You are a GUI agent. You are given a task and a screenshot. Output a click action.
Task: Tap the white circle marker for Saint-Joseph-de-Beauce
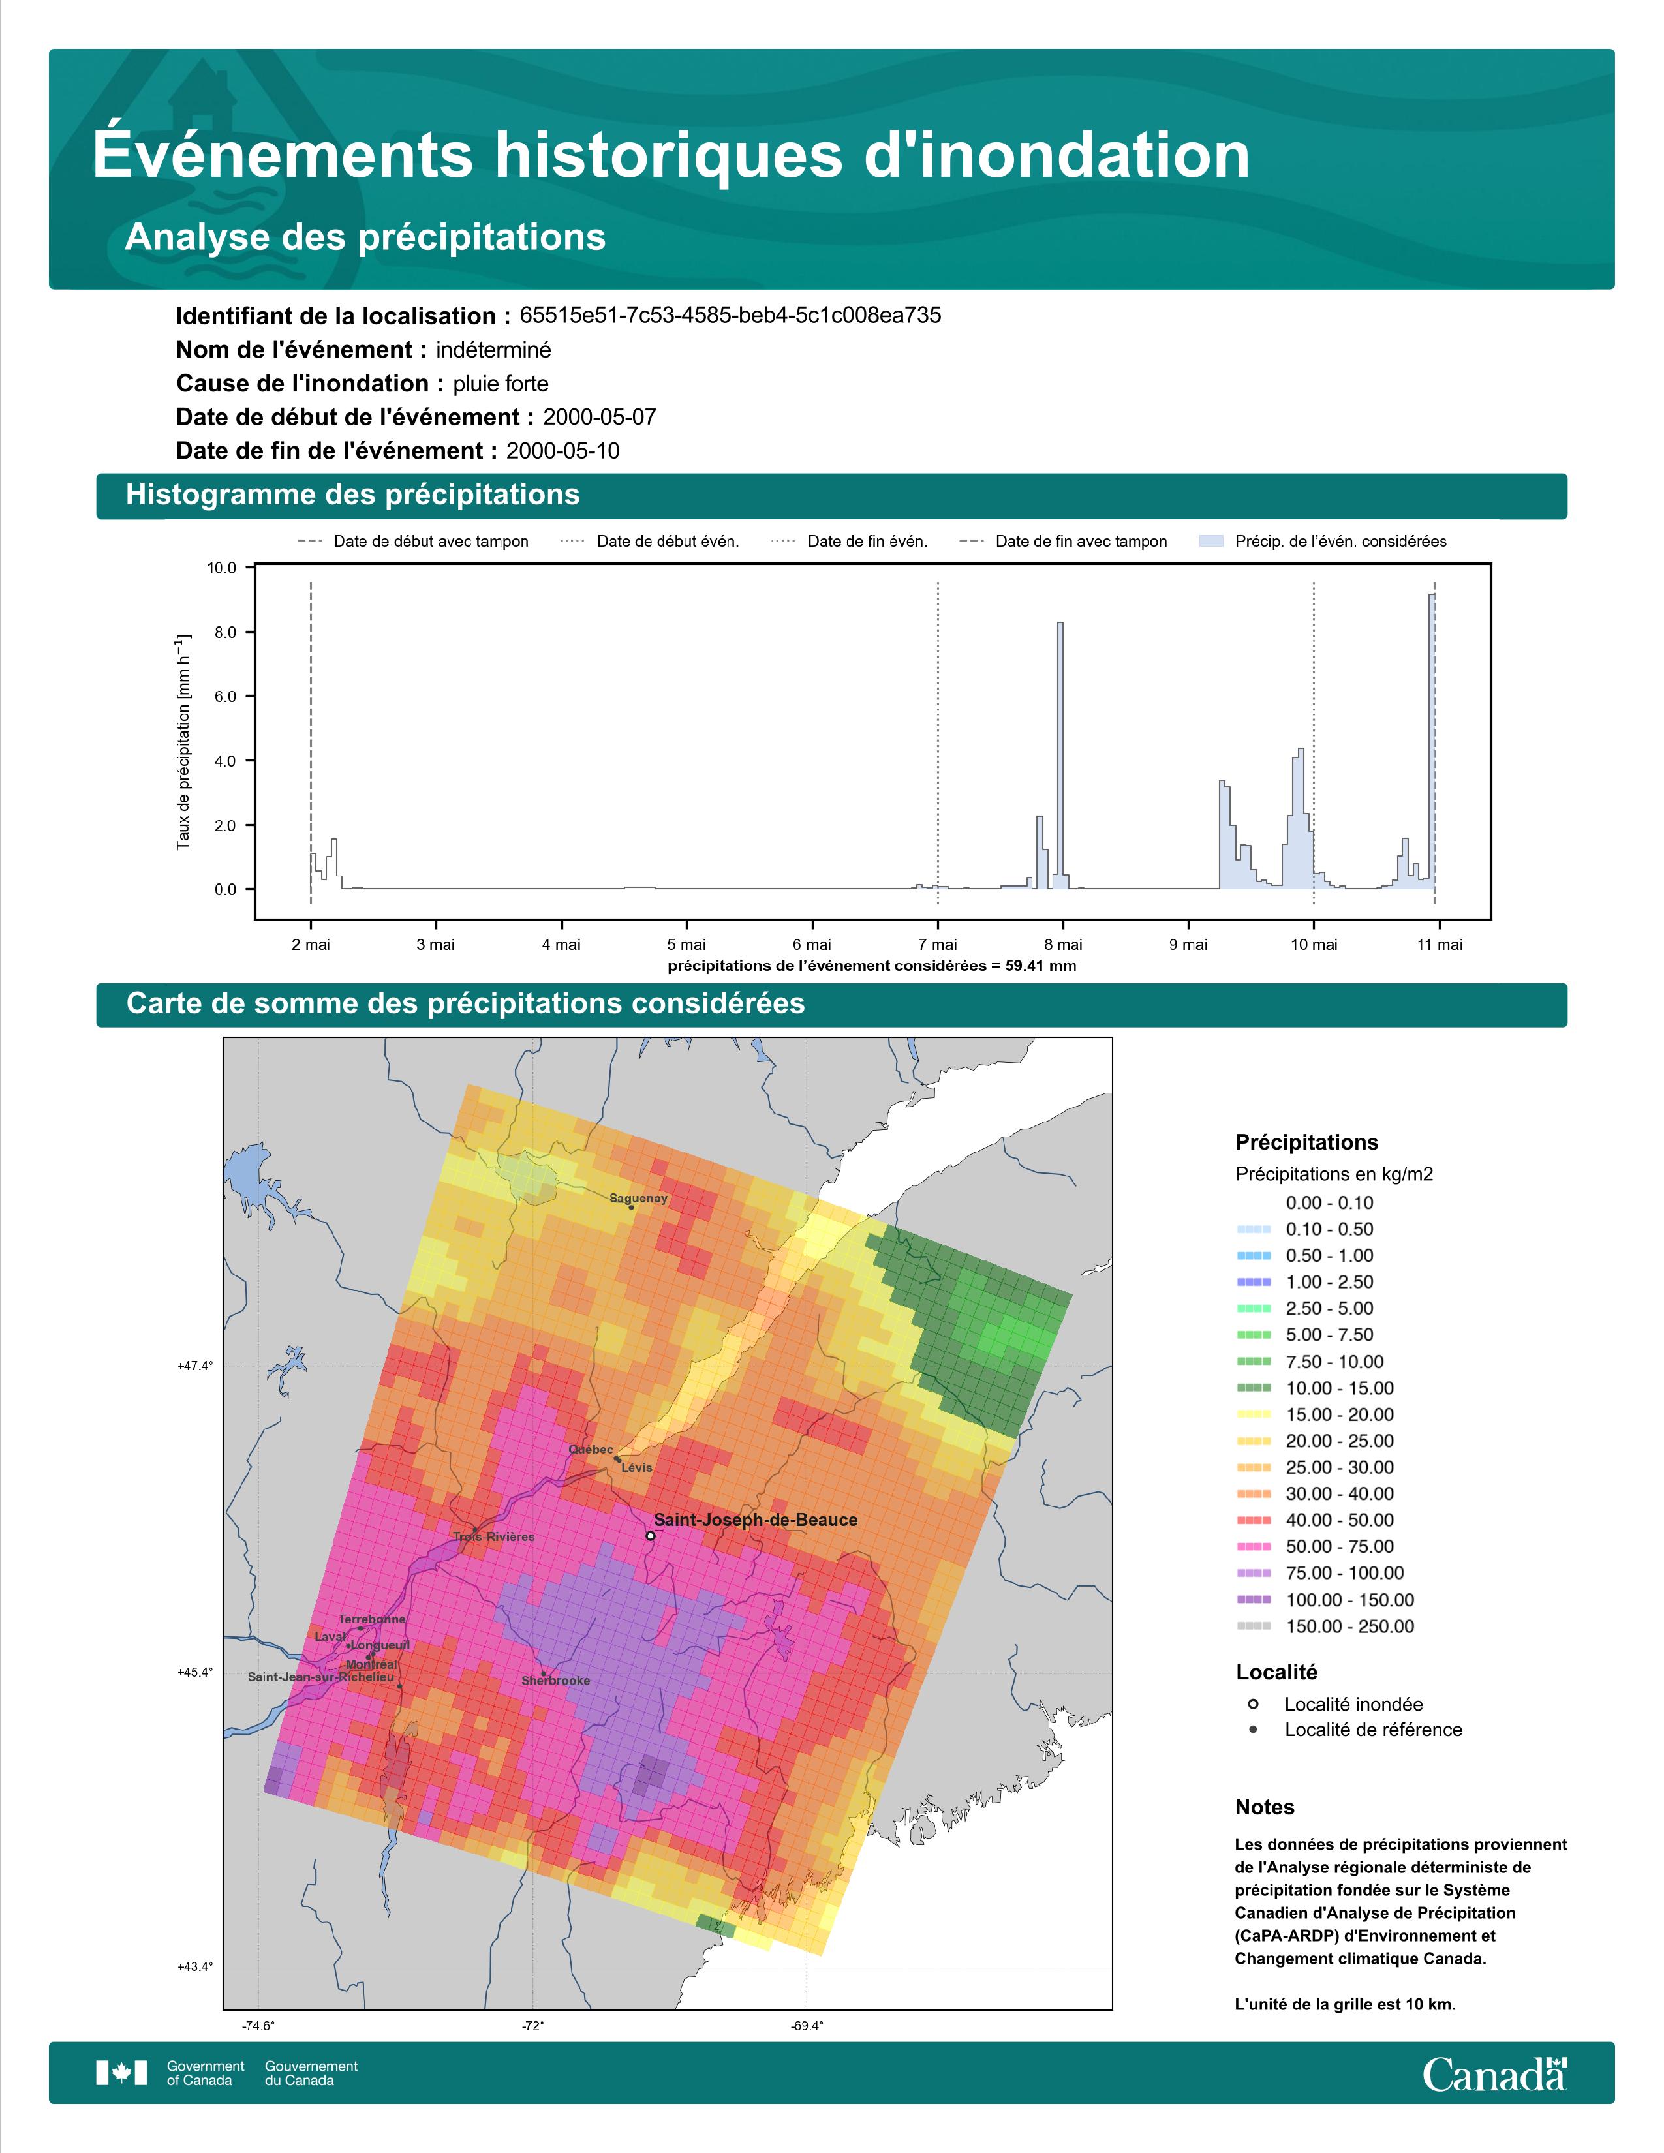point(651,1535)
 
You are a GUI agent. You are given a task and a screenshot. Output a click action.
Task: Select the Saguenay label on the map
point(638,1199)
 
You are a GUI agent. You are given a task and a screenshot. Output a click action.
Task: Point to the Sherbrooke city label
point(556,1680)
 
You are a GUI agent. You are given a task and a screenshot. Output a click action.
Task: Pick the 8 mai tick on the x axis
point(1062,945)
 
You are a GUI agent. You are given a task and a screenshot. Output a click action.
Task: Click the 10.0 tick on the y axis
point(222,568)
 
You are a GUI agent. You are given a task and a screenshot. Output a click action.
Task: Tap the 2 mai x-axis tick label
point(311,945)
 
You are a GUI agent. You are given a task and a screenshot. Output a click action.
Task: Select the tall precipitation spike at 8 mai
point(1060,755)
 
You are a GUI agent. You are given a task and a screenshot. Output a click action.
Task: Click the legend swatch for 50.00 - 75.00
point(1253,1547)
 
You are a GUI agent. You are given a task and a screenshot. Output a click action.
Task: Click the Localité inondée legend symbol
point(1253,1703)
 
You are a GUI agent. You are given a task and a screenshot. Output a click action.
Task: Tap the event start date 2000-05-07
point(599,417)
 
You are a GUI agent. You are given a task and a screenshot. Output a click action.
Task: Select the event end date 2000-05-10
point(563,451)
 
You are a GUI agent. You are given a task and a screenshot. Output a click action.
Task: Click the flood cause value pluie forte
point(501,384)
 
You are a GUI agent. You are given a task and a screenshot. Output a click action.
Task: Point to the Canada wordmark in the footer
point(1494,2073)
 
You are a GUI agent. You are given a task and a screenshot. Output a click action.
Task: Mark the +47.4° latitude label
point(195,1366)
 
